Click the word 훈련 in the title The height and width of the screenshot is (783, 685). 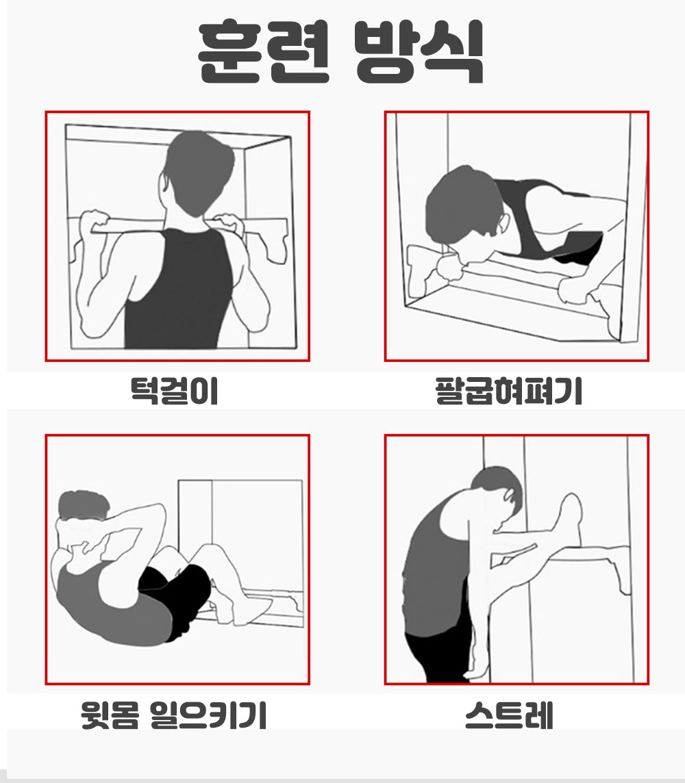pos(264,51)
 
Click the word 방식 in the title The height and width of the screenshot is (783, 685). pos(419,51)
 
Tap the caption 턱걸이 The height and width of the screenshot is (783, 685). pos(175,391)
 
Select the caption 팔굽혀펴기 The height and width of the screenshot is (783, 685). pos(509,391)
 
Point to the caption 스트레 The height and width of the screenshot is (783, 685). pos(509,715)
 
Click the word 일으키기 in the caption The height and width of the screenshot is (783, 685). pos(208,715)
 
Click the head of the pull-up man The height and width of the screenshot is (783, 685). pos(198,172)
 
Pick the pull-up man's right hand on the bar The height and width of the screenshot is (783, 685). pos(228,224)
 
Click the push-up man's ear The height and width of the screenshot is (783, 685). pos(503,224)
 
